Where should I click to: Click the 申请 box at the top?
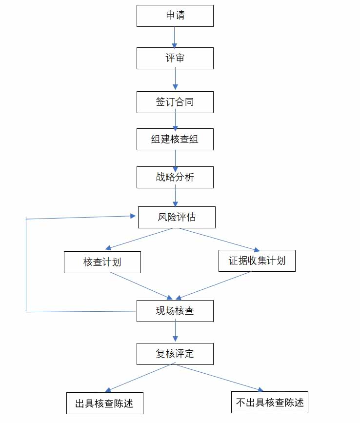point(175,16)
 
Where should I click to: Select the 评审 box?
point(175,58)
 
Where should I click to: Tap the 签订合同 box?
point(175,102)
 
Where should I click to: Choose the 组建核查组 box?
point(175,139)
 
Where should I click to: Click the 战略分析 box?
point(175,177)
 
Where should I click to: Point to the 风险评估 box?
point(177,217)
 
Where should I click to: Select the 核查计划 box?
point(102,262)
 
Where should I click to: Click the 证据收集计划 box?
point(257,261)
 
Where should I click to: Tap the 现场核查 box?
point(175,311)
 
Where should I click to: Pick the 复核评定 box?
point(175,354)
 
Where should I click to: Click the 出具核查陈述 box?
point(104,403)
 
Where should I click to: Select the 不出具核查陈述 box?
point(270,403)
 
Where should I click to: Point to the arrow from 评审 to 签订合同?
point(175,80)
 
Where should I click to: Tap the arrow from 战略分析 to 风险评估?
point(175,197)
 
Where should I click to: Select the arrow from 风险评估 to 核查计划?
point(139,239)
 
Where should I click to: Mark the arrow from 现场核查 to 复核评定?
point(175,332)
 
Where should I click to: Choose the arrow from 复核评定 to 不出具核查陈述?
point(220,378)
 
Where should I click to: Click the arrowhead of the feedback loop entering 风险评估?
point(133,216)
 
